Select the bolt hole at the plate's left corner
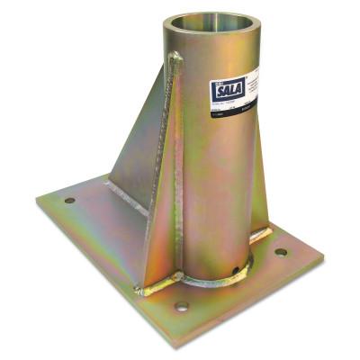pos(69,200)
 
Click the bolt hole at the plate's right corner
pos(281,252)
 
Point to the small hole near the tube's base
pos(237,266)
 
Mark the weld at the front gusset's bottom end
pos(155,289)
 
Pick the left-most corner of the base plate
pos(38,200)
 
